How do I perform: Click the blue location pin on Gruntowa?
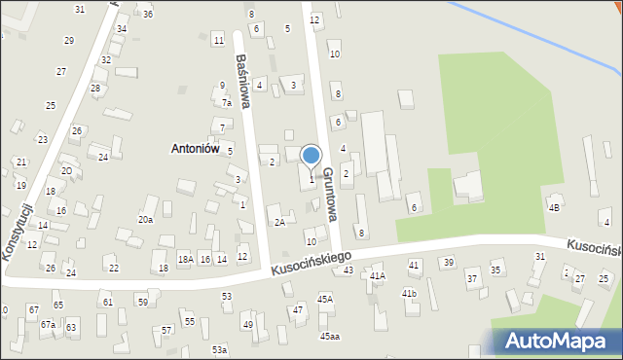coord(311,157)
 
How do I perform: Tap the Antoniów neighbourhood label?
coord(194,149)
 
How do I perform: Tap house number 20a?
coord(145,220)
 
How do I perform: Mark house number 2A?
coord(279,222)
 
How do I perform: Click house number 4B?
coord(555,207)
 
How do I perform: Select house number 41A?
coord(378,276)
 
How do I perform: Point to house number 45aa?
coord(330,337)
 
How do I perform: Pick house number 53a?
coord(220,349)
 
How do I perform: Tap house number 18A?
coord(185,259)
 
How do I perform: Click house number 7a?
coord(226,102)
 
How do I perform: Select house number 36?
coord(147,15)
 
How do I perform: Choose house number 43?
coord(348,270)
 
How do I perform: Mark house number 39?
coord(448,263)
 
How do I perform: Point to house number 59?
coord(142,303)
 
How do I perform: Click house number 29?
coord(69,40)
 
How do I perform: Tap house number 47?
coord(298,309)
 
